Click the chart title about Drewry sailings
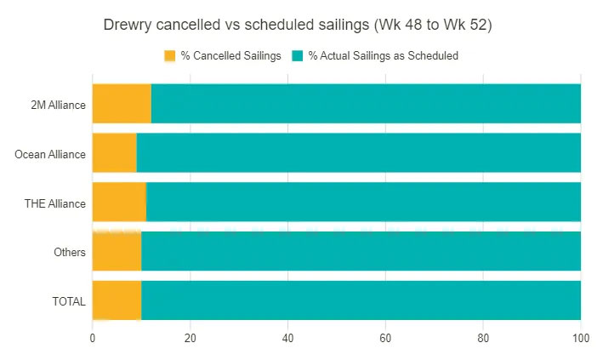(x=298, y=25)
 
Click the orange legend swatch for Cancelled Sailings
(x=169, y=56)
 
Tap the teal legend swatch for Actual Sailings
(x=297, y=56)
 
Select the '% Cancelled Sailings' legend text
(x=230, y=56)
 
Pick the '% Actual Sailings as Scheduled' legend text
(x=384, y=56)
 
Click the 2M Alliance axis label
(x=57, y=105)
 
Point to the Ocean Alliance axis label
(x=50, y=154)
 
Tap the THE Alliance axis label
(x=54, y=203)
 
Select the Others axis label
(x=69, y=252)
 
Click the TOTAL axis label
(x=67, y=300)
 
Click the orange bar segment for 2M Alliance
(x=122, y=104)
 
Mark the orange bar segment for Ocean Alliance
(x=114, y=153)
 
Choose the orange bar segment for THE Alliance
(x=119, y=203)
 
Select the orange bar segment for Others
(x=117, y=252)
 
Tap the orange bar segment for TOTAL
(x=117, y=300)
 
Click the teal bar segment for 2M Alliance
(x=366, y=104)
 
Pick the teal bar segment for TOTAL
(x=361, y=300)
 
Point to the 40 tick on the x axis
(x=287, y=337)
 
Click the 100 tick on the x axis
(x=581, y=337)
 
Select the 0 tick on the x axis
(x=92, y=337)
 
